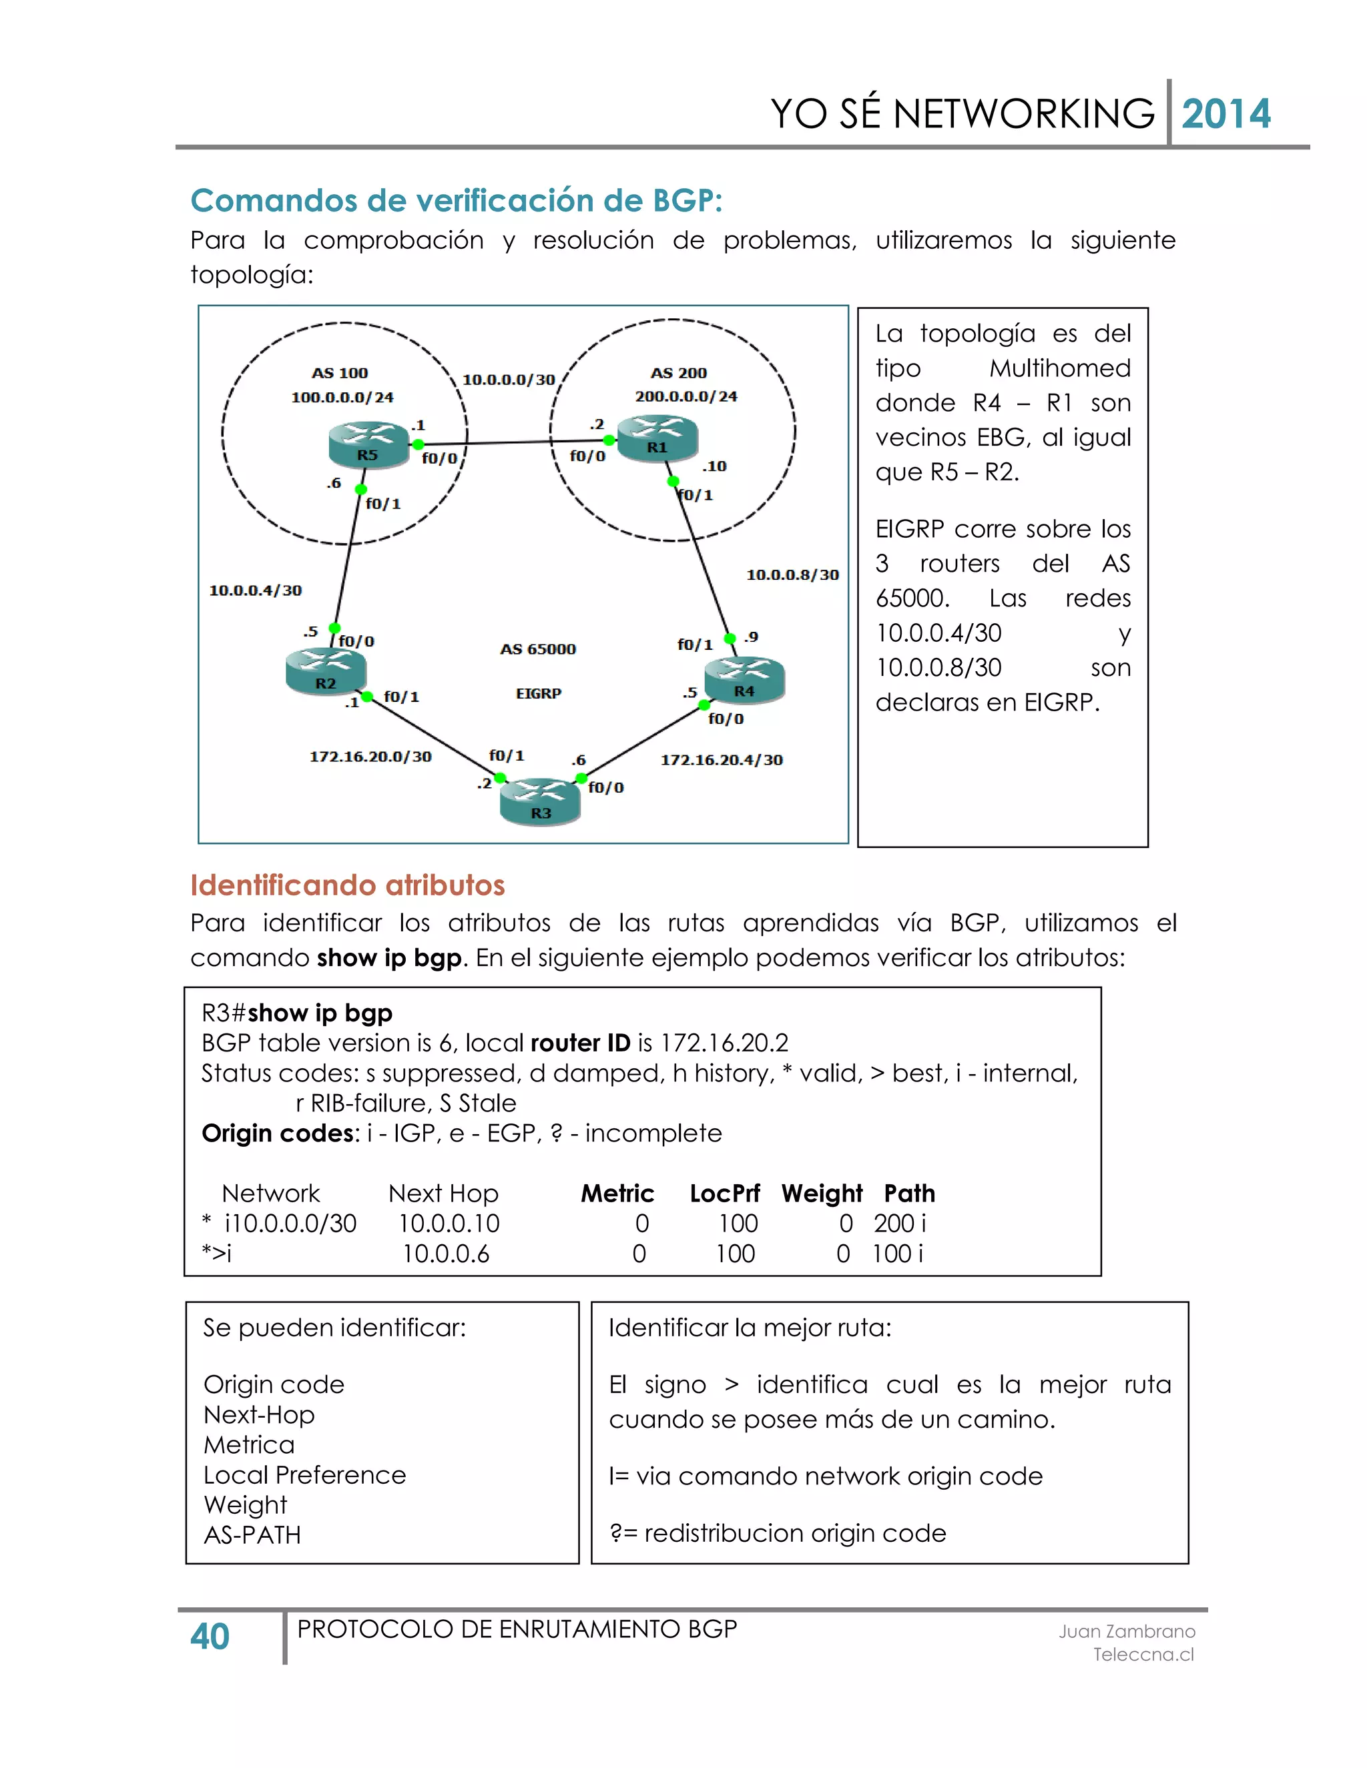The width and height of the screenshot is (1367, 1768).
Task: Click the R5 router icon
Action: pos(368,444)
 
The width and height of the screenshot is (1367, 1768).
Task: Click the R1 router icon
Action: pos(657,437)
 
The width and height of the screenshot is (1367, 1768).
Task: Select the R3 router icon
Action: pos(540,801)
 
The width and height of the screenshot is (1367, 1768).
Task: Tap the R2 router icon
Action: pos(326,672)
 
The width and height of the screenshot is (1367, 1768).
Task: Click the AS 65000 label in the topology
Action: pos(538,649)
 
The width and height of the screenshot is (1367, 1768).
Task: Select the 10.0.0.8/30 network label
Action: pos(792,574)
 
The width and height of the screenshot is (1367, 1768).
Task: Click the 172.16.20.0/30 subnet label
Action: pos(370,756)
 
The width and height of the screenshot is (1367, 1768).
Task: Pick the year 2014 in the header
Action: pos(1225,114)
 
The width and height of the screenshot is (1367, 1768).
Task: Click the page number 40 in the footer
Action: pos(210,1637)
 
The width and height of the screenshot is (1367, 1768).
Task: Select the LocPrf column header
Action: pos(724,1194)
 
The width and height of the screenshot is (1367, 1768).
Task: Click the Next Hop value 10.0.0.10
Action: pos(449,1223)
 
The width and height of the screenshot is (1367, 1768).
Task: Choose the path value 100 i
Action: pos(897,1253)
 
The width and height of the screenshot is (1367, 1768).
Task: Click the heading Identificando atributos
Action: pos(347,885)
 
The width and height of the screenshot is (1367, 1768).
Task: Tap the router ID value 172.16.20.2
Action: pos(724,1043)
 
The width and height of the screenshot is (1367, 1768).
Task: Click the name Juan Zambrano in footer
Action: pos(1127,1631)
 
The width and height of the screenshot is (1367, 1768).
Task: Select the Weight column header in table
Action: pos(821,1194)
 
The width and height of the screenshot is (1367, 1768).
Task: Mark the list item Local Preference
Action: pos(304,1475)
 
